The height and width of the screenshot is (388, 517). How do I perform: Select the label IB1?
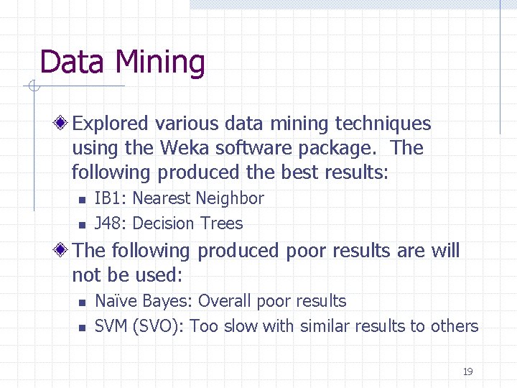109,198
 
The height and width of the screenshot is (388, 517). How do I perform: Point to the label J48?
109,223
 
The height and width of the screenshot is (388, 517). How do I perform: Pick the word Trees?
222,223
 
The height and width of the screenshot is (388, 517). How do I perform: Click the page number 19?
467,371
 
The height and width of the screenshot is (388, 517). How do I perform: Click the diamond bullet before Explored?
63,124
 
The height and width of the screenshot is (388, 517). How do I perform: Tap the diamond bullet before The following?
63,251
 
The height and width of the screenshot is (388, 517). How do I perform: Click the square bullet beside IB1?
82,200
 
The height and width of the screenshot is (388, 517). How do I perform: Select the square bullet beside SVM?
82,328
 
